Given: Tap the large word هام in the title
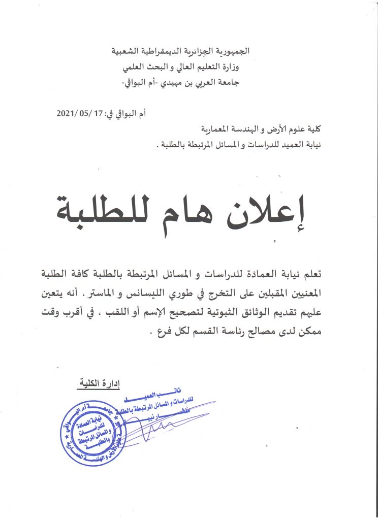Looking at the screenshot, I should pyautogui.click(x=200, y=207).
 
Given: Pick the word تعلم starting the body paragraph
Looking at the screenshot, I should pyautogui.click(x=311, y=275).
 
